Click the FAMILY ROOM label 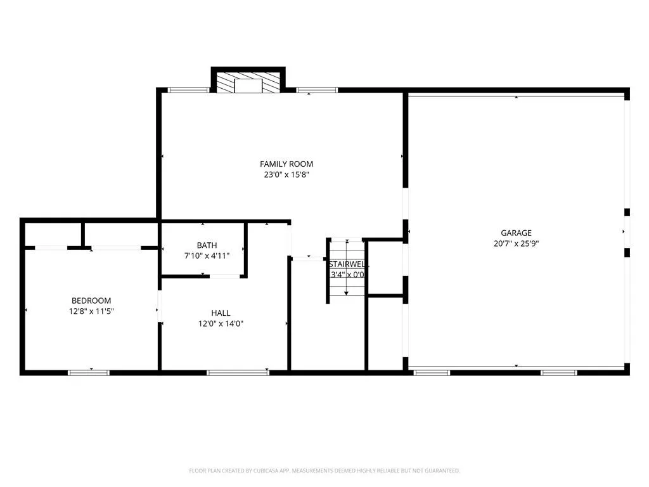click(x=286, y=164)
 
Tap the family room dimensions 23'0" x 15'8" click(x=286, y=175)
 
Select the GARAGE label click(x=516, y=233)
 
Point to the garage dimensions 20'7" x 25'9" click(x=516, y=243)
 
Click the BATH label click(x=207, y=245)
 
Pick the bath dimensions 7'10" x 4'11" click(x=207, y=256)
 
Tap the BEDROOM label click(x=91, y=301)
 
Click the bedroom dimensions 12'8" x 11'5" click(x=91, y=311)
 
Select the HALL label click(x=221, y=313)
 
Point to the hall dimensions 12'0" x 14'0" click(x=221, y=323)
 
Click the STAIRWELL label click(x=349, y=264)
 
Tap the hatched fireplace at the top click(x=248, y=83)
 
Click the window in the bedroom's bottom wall click(x=89, y=373)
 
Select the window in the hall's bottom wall click(x=238, y=373)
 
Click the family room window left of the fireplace click(x=188, y=90)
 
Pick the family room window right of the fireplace click(x=317, y=90)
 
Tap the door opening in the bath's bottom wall click(x=225, y=276)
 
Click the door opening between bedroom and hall click(x=159, y=306)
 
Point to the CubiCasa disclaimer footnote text click(x=324, y=471)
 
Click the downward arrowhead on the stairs click(x=347, y=293)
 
